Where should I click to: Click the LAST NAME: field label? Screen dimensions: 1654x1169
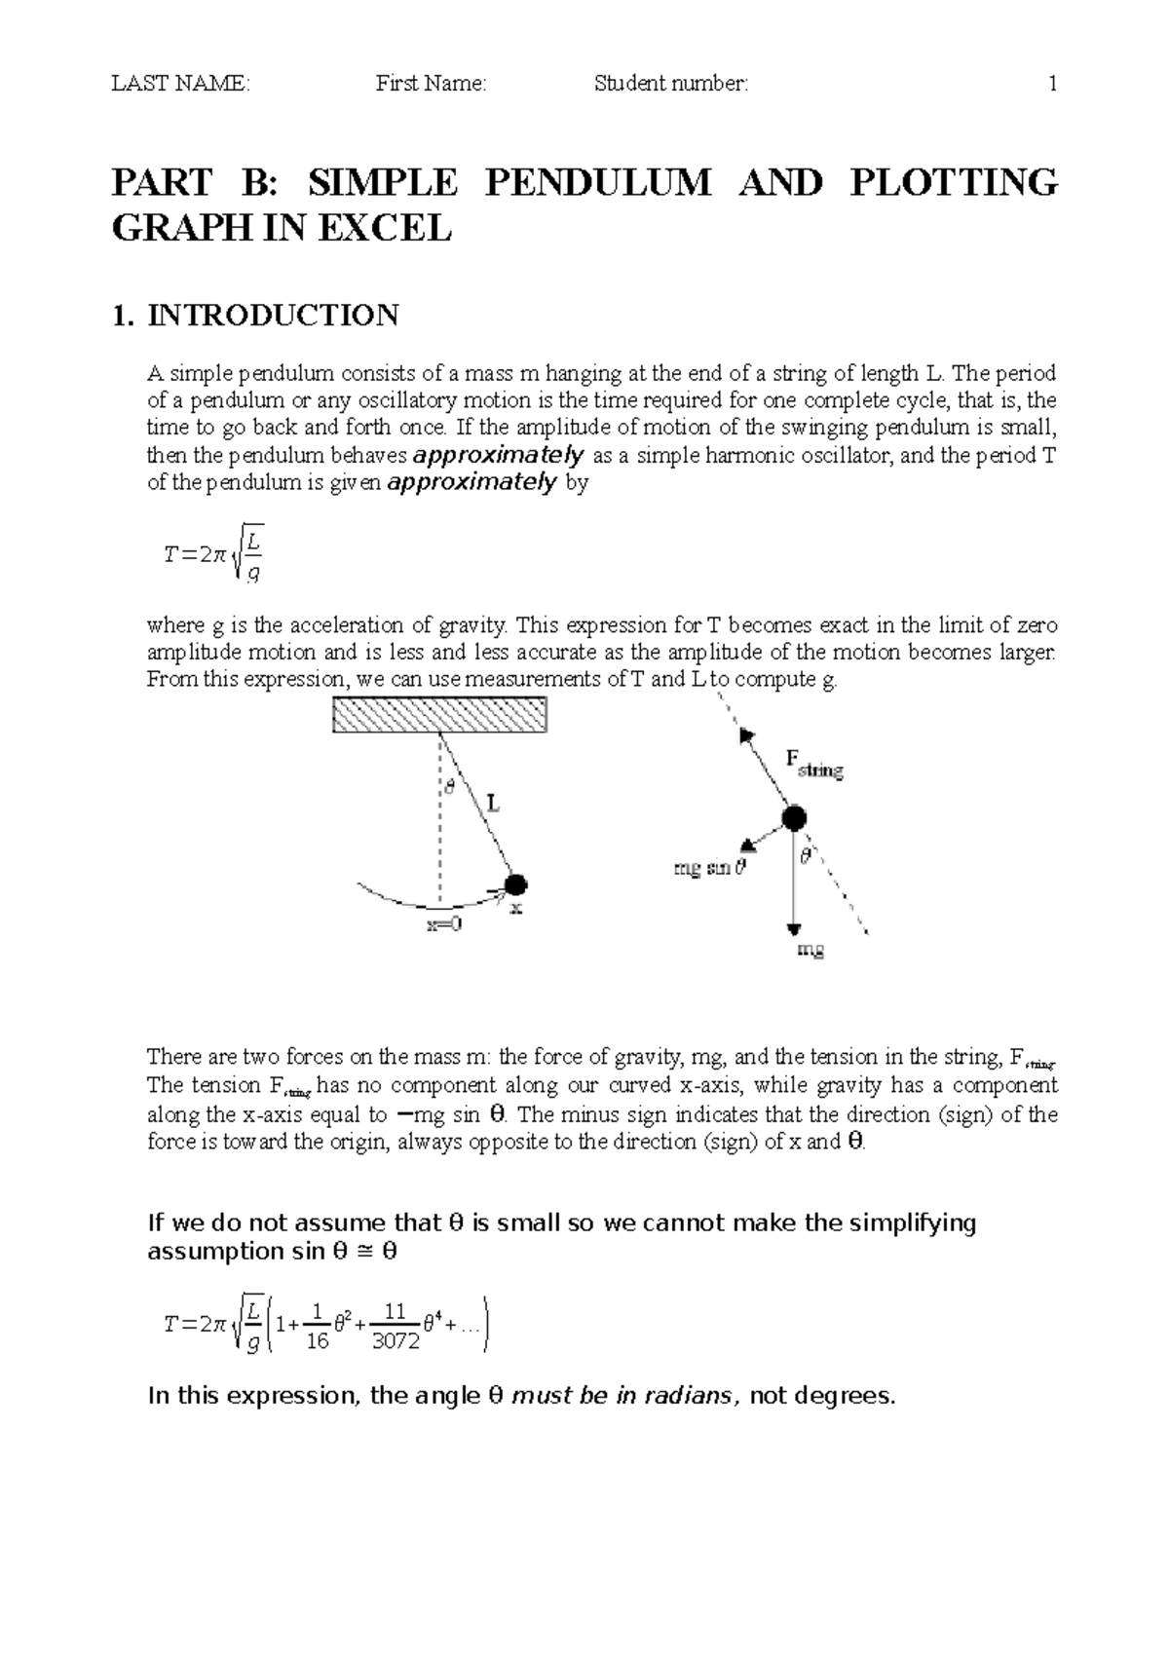tap(180, 84)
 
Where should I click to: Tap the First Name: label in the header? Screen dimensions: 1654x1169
tap(431, 84)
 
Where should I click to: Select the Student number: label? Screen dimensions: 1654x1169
tap(671, 84)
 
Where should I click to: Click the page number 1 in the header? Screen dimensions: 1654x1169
tap(1052, 84)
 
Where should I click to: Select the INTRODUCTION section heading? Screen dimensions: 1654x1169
tap(273, 316)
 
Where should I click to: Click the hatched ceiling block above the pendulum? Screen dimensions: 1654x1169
tap(439, 715)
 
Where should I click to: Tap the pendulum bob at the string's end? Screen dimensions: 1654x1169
tap(515, 884)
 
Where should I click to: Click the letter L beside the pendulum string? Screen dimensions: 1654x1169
tap(493, 804)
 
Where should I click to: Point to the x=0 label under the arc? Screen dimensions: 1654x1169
tap(444, 924)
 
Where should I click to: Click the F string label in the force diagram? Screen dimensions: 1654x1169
tap(814, 764)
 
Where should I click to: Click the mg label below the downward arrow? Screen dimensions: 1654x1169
tap(811, 950)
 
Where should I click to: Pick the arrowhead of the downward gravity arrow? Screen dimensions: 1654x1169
tap(794, 928)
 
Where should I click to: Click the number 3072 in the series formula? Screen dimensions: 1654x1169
tap(396, 1341)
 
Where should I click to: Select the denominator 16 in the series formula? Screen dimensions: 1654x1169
tap(316, 1341)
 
